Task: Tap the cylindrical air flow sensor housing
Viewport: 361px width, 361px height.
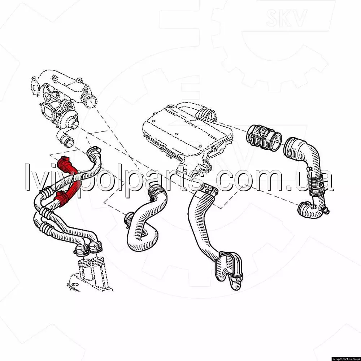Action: pyautogui.click(x=263, y=138)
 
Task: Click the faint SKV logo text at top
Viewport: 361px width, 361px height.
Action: pyautogui.click(x=286, y=18)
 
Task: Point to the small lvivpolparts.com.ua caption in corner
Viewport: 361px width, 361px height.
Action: pyautogui.click(x=346, y=359)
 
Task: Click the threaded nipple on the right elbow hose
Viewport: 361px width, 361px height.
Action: pyautogui.click(x=326, y=210)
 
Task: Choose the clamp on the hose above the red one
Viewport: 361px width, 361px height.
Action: pyautogui.click(x=94, y=151)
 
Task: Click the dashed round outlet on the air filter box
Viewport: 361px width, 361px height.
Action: pyautogui.click(x=206, y=114)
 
